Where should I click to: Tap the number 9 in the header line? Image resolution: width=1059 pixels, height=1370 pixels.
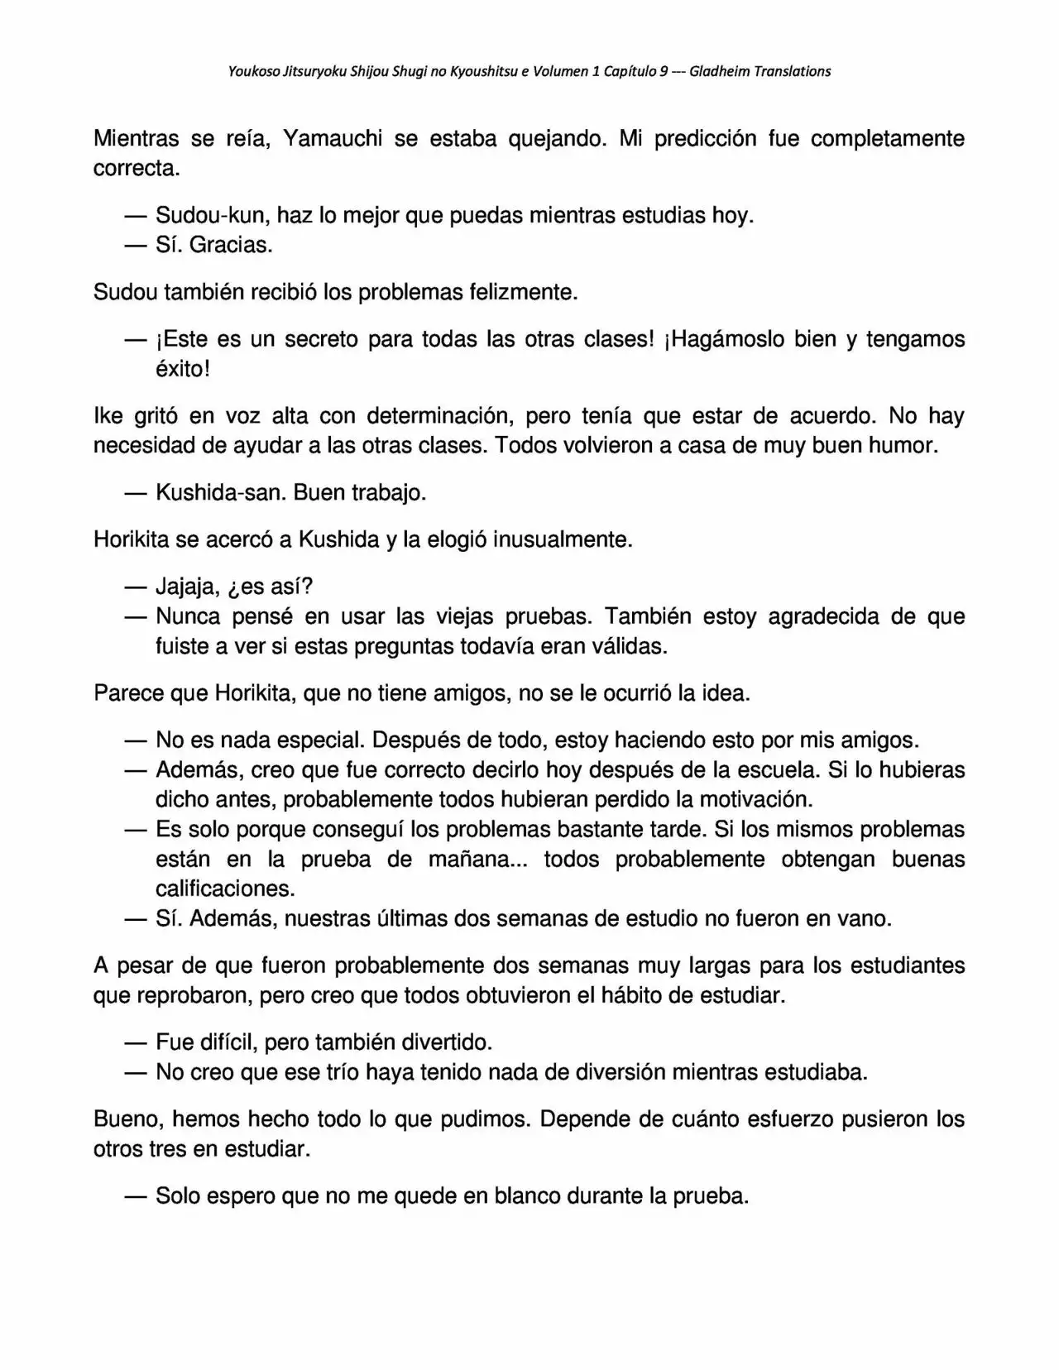[664, 71]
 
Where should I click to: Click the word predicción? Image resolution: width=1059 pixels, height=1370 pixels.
[705, 138]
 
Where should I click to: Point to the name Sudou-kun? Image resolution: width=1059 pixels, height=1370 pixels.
[212, 216]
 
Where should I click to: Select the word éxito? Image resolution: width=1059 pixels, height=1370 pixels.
[183, 369]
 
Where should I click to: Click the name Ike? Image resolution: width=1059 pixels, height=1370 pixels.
[108, 415]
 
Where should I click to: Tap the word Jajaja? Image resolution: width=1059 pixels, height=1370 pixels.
[188, 587]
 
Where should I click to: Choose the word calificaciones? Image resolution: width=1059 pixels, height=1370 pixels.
[225, 889]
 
